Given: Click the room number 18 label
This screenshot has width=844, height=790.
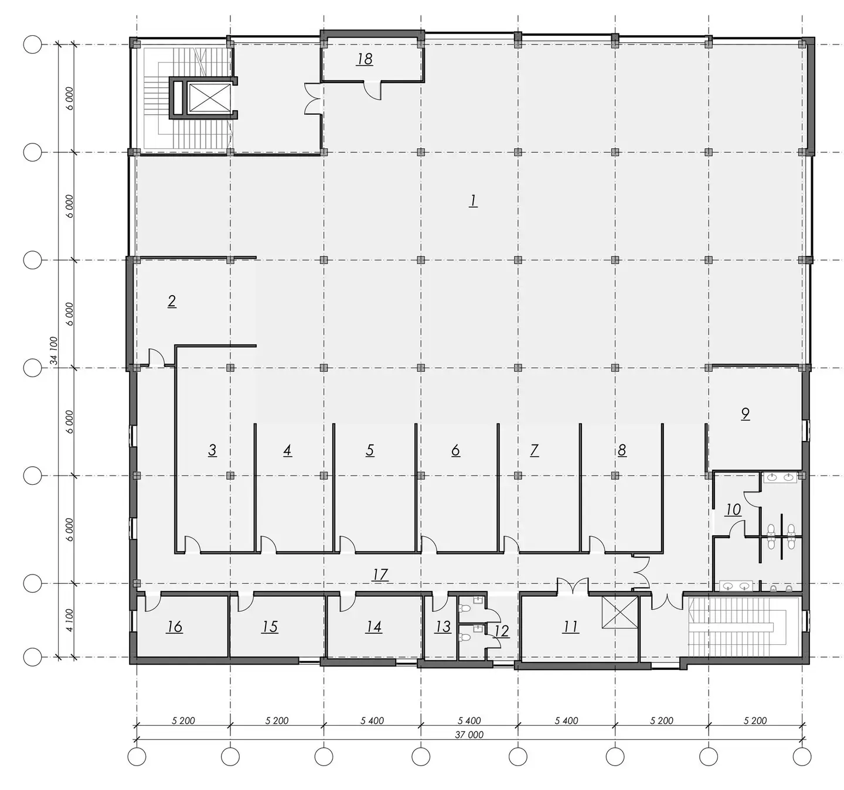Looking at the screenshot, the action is pyautogui.click(x=365, y=59).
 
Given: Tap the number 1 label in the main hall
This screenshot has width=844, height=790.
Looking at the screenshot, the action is pyautogui.click(x=473, y=200).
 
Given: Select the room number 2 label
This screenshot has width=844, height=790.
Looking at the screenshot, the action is pyautogui.click(x=172, y=301).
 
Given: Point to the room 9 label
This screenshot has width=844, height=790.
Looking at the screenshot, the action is pyautogui.click(x=746, y=413).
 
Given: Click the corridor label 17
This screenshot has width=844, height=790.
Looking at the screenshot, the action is pyautogui.click(x=380, y=574).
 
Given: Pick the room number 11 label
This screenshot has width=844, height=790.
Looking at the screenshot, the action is pyautogui.click(x=570, y=627).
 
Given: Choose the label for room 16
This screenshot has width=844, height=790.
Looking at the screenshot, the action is pyautogui.click(x=174, y=627).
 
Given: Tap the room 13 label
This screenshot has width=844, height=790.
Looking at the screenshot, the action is pyautogui.click(x=443, y=627).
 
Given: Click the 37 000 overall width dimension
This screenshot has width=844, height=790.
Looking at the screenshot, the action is pyautogui.click(x=469, y=734).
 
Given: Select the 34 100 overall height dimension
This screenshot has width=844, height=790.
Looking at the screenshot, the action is pyautogui.click(x=54, y=350).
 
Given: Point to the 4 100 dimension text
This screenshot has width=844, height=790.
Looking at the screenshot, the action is pyautogui.click(x=70, y=620).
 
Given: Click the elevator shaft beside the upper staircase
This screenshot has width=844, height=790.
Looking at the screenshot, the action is pyautogui.click(x=209, y=98).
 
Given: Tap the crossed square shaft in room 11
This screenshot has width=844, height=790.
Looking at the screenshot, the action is pyautogui.click(x=620, y=613).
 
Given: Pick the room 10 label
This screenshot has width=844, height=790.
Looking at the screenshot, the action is pyautogui.click(x=733, y=509).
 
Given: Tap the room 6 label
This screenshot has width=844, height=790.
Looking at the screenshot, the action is pyautogui.click(x=455, y=450).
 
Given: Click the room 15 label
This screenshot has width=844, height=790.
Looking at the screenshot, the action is pyautogui.click(x=270, y=627).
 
